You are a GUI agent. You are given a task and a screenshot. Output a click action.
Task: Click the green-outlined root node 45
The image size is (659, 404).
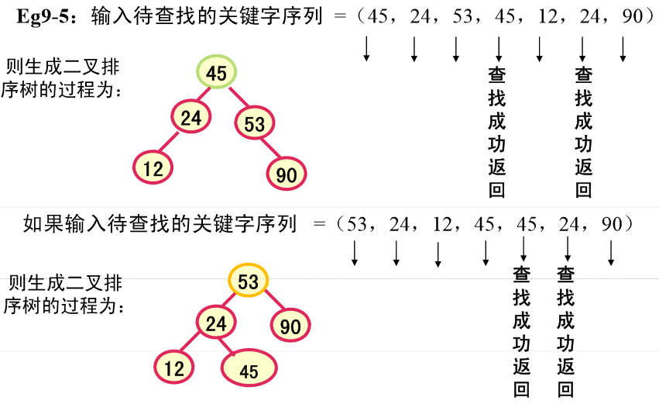(x=217, y=74)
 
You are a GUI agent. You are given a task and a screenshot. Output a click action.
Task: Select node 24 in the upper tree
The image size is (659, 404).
(x=191, y=117)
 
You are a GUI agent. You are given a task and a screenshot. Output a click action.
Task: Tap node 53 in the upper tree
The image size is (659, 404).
(x=255, y=123)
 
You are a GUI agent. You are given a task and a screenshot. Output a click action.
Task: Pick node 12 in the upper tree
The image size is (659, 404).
(x=153, y=168)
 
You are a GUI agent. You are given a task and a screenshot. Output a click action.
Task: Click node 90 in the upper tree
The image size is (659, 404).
(x=287, y=174)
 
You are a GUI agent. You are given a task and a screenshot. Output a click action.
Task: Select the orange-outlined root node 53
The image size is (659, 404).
(x=249, y=281)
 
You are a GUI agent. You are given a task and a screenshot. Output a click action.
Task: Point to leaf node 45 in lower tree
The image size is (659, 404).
(x=249, y=371)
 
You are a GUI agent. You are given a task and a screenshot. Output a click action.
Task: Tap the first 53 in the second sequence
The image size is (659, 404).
(x=358, y=225)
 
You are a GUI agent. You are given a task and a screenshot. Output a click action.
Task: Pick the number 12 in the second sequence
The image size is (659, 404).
(x=443, y=225)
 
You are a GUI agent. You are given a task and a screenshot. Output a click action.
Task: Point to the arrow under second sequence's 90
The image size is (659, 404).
(x=611, y=253)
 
